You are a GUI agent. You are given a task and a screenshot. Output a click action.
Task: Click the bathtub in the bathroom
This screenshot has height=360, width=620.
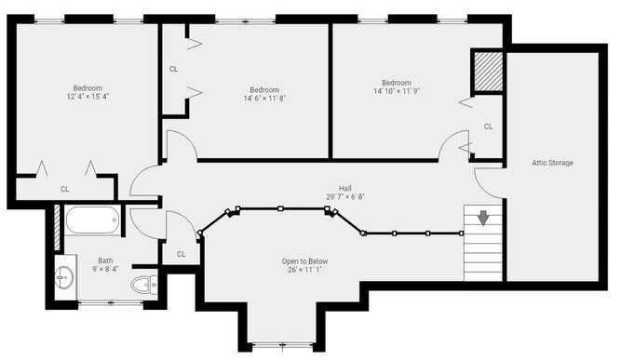pos(93,220)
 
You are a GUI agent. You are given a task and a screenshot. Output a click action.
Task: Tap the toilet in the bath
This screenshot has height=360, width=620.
pos(143,284)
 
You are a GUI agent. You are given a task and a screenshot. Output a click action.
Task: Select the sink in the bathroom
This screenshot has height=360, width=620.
pos(63,277)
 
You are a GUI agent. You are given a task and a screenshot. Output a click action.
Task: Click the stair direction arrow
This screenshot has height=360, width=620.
pos(483,218)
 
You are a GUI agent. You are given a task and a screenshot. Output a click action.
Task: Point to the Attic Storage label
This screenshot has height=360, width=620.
pos(552,163)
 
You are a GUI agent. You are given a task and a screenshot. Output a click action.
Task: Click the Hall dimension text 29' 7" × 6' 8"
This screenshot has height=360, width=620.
pos(345,196)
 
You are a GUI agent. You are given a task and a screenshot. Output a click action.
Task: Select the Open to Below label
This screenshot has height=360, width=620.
pos(304,261)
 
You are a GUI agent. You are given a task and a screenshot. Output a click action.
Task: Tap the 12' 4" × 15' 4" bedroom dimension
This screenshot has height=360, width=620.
pos(88,97)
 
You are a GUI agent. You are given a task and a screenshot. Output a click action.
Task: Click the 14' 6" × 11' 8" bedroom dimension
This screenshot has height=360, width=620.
pos(264,98)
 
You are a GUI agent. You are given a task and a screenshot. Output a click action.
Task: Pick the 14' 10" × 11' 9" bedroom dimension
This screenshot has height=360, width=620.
pos(397,91)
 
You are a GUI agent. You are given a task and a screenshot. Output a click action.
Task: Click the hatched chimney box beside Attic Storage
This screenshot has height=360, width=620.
pos(489,71)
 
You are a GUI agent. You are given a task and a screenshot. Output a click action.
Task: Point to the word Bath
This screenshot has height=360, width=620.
pos(105,260)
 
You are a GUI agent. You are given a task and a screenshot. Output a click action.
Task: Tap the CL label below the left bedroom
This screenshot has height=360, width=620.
pos(65,189)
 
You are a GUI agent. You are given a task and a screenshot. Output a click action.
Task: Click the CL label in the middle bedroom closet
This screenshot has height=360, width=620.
pos(173,69)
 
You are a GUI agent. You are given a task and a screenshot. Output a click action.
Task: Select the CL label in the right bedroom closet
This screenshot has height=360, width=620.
pos(489,127)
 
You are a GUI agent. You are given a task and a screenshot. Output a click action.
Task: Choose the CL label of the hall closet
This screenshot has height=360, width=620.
pos(182,254)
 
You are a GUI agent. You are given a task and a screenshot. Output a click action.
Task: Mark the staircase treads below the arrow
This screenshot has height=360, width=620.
pos(483,253)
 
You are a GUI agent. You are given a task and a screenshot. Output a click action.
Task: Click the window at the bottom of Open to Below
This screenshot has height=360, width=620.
pos(283,345)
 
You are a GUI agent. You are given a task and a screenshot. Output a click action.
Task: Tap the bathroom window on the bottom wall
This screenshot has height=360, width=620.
pos(111,303)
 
